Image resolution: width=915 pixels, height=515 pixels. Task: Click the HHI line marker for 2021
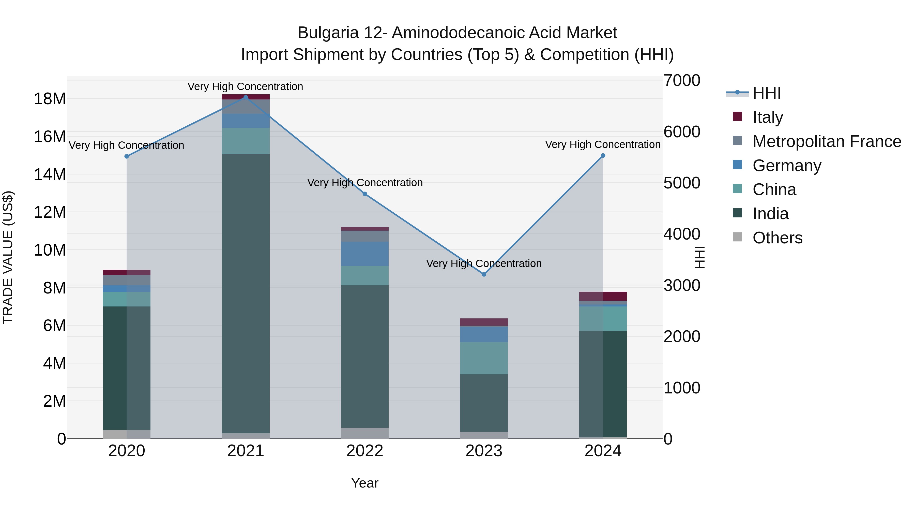(246, 97)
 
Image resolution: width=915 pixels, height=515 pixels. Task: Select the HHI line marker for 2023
(484, 274)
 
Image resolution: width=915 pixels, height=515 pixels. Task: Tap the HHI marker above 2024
(603, 156)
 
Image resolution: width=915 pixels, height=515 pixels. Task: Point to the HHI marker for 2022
(365, 194)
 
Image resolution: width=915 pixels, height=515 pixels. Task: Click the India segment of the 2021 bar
(246, 293)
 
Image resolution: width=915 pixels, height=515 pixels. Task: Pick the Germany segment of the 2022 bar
(365, 254)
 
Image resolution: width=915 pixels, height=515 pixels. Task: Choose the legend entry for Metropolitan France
(827, 141)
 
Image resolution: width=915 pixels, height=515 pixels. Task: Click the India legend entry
(770, 214)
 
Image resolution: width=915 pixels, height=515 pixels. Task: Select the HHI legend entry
(766, 93)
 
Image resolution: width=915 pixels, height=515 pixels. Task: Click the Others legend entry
(777, 238)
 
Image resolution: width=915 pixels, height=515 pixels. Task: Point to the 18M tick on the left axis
(50, 99)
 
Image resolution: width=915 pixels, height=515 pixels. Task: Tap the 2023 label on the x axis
(484, 451)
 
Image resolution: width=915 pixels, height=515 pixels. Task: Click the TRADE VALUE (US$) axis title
(8, 257)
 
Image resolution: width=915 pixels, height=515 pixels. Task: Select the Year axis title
(365, 483)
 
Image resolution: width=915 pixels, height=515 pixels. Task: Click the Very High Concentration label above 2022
(365, 183)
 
